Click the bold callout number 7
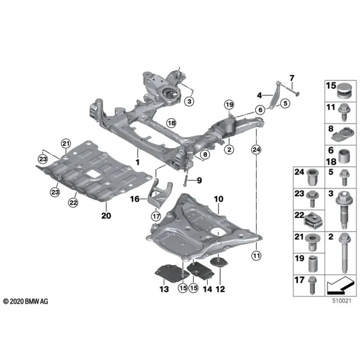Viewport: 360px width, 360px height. pyautogui.click(x=292, y=78)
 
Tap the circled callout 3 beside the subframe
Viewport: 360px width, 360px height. pyautogui.click(x=190, y=101)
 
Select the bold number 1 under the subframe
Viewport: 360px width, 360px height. pyautogui.click(x=137, y=163)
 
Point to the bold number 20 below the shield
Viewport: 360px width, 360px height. pyautogui.click(x=106, y=216)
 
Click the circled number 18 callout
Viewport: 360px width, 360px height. pyautogui.click(x=172, y=123)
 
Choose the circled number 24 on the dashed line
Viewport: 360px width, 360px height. pyautogui.click(x=256, y=149)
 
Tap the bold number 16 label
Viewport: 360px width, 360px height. pyautogui.click(x=135, y=199)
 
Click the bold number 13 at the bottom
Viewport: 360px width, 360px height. pyautogui.click(x=164, y=289)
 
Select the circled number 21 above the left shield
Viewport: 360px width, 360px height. pyautogui.click(x=66, y=144)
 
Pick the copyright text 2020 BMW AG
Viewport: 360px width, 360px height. pyautogui.click(x=26, y=301)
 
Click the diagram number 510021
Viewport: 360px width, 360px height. pyautogui.click(x=342, y=301)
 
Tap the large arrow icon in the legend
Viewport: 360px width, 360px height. pyautogui.click(x=340, y=286)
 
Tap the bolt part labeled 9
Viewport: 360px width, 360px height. pyautogui.click(x=187, y=174)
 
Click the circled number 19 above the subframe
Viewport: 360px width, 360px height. pyautogui.click(x=229, y=105)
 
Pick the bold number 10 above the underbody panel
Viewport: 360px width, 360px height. pyautogui.click(x=218, y=199)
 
